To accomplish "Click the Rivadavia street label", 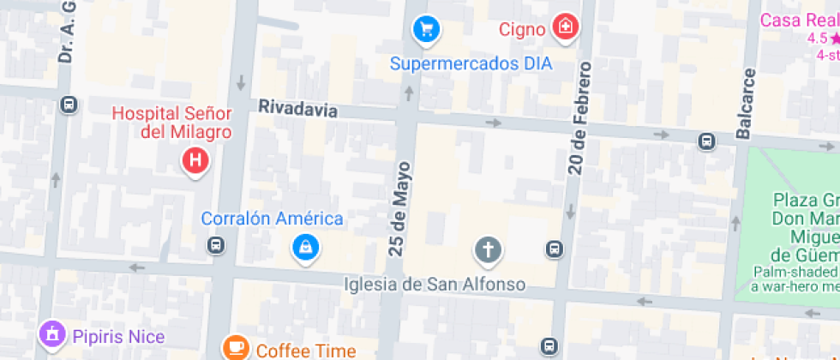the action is click(297, 109).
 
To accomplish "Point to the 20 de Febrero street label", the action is click(580, 118).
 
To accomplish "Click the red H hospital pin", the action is click(195, 160).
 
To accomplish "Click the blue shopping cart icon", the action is click(425, 30).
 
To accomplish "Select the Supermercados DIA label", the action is click(471, 63).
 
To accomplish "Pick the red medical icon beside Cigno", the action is click(564, 27).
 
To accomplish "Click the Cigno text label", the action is click(522, 30).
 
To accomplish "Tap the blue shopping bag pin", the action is click(305, 248).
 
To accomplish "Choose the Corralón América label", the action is click(272, 219).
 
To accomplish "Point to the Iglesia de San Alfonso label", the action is click(434, 284).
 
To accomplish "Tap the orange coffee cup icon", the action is click(236, 348).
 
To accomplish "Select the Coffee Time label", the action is click(305, 351).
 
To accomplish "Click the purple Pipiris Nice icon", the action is click(53, 335).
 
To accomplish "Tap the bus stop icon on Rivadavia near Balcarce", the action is click(706, 141).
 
